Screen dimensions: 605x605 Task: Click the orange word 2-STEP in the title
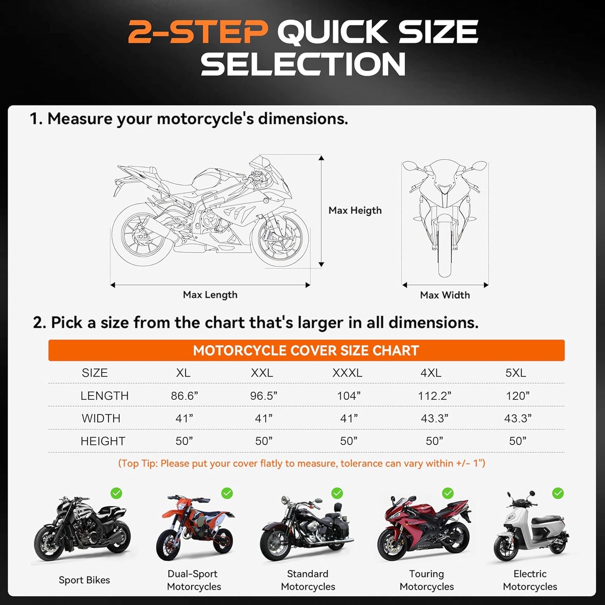[x=198, y=32]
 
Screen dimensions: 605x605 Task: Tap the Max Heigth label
[x=355, y=210]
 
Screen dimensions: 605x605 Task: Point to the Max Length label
[x=210, y=295]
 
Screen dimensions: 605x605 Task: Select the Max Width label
[x=445, y=295]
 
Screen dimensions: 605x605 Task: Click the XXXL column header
[x=347, y=373]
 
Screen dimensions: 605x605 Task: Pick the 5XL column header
[x=515, y=373]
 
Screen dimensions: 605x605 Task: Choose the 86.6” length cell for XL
[x=184, y=396]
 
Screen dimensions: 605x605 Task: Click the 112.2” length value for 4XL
[x=434, y=396]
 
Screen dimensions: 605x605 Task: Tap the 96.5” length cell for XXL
[x=263, y=396]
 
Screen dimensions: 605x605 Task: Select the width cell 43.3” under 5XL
[x=517, y=418]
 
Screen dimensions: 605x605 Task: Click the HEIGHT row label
[x=103, y=441]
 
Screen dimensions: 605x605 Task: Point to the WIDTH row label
[x=101, y=418]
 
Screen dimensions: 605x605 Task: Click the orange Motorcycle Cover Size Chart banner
[x=306, y=350]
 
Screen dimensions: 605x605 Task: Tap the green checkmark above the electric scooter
[x=558, y=493]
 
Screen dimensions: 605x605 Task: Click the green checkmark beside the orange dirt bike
[x=227, y=493]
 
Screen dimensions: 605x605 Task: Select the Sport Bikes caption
[x=84, y=580]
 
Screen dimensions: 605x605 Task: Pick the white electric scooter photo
[x=531, y=530]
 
